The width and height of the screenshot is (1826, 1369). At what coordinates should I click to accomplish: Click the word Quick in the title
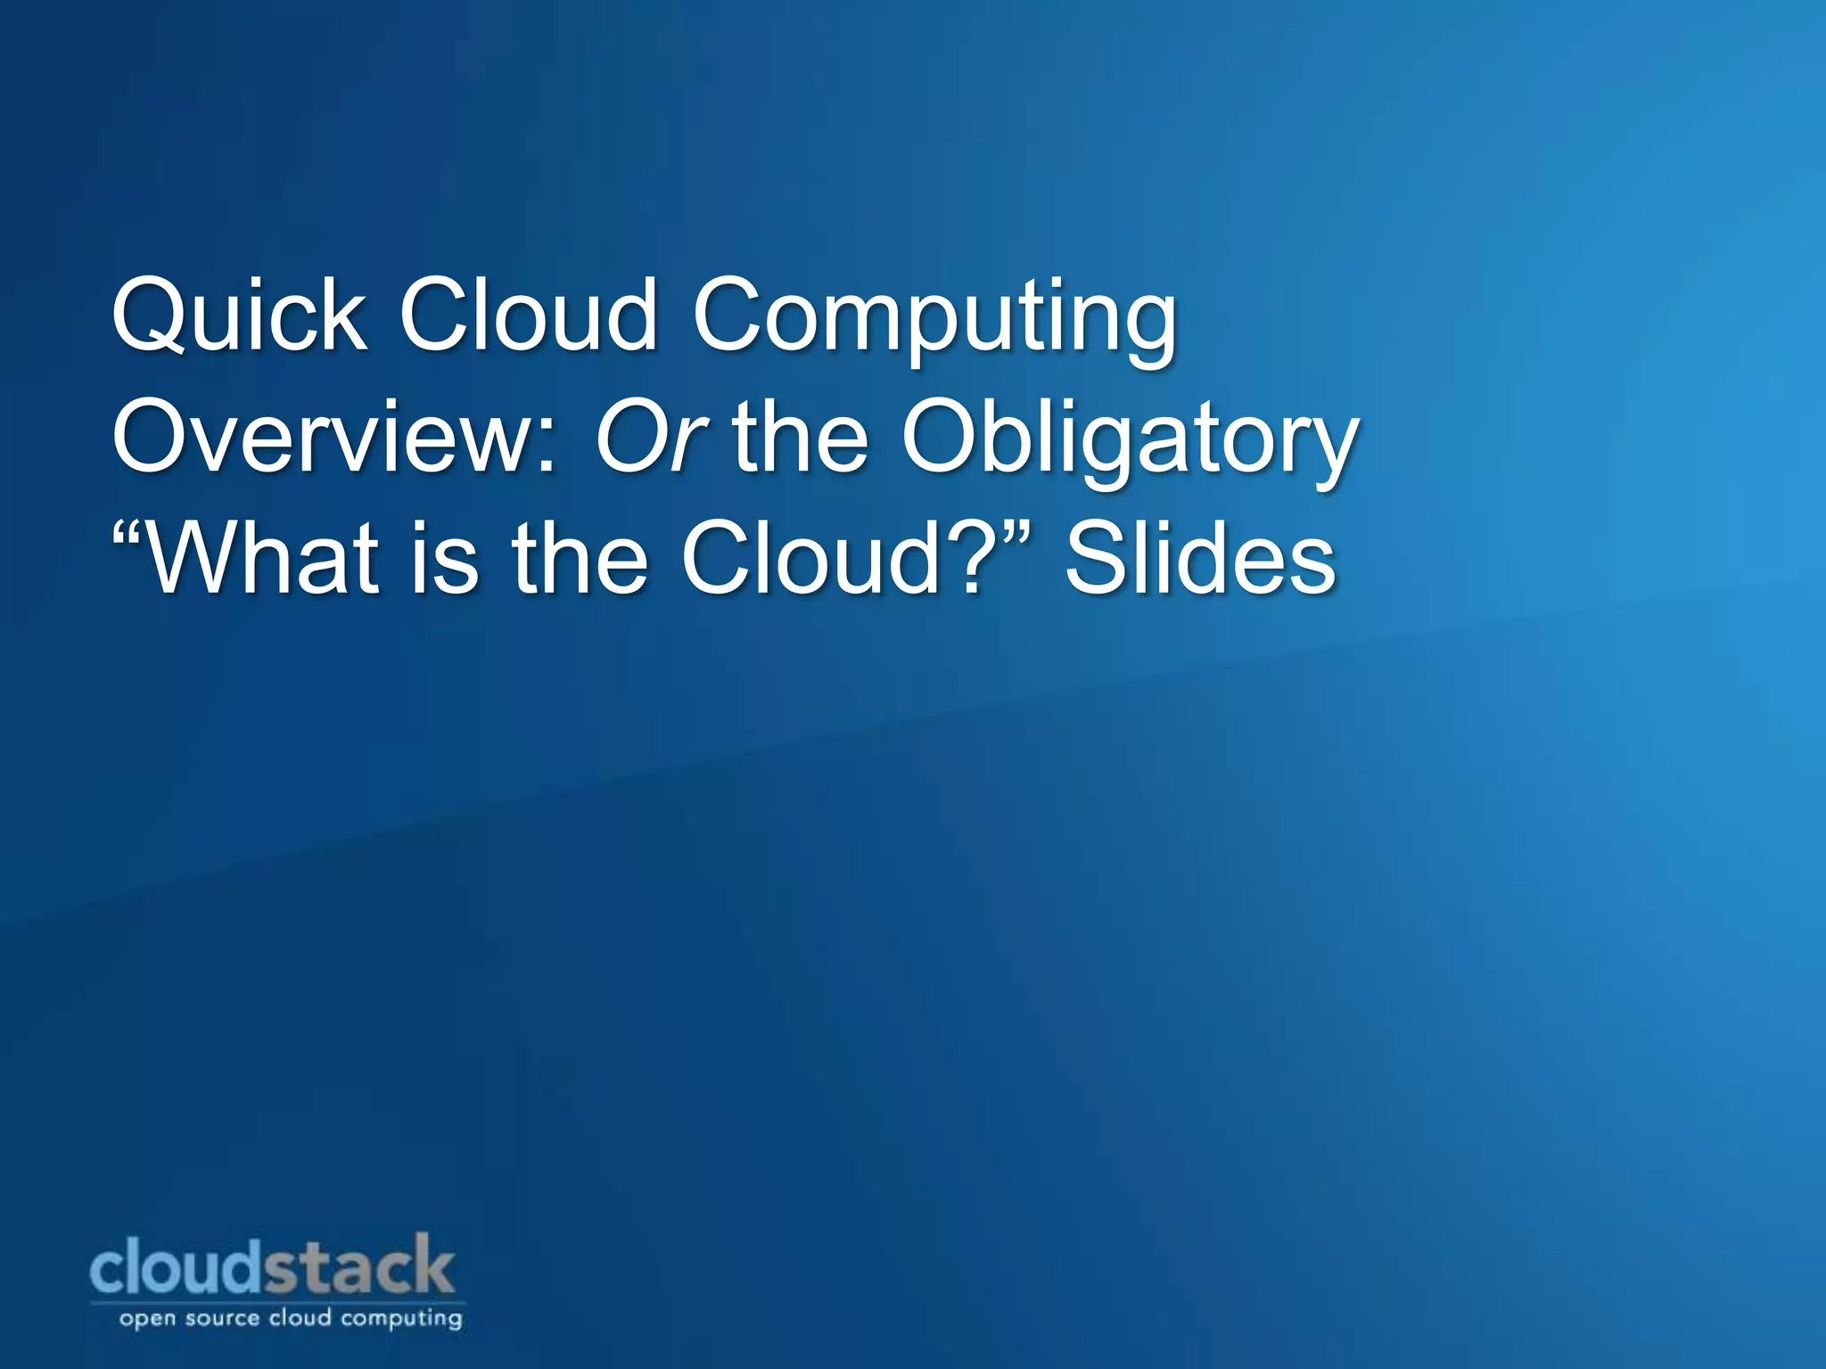238,316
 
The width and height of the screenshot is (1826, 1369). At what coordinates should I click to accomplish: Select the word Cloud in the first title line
527,316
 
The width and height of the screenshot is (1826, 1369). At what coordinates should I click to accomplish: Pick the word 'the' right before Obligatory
800,439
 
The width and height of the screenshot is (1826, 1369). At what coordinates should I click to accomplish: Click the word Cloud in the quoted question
810,560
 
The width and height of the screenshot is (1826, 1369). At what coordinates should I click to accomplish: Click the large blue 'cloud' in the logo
177,1267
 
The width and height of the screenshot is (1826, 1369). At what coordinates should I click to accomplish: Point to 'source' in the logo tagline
222,1318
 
